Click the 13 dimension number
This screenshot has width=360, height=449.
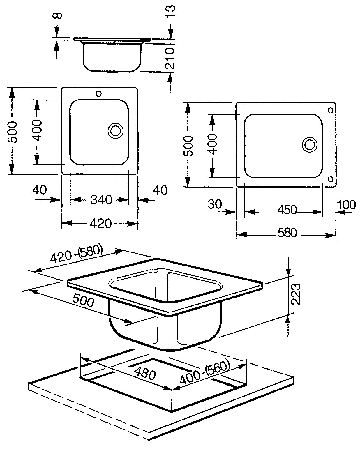170,11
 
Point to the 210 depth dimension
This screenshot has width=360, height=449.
170,58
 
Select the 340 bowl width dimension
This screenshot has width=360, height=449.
101,200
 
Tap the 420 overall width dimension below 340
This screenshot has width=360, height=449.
101,223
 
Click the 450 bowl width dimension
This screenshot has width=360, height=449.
287,210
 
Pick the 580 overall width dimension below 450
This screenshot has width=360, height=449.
287,233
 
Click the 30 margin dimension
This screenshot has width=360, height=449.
215,204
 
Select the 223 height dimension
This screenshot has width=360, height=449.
296,294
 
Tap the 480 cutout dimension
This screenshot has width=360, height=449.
145,373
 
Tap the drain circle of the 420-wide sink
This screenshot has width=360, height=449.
115,131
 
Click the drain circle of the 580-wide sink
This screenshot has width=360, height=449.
310,145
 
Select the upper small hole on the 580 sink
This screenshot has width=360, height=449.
331,110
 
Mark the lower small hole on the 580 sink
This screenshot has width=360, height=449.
330,179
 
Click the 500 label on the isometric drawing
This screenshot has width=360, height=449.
83,301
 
